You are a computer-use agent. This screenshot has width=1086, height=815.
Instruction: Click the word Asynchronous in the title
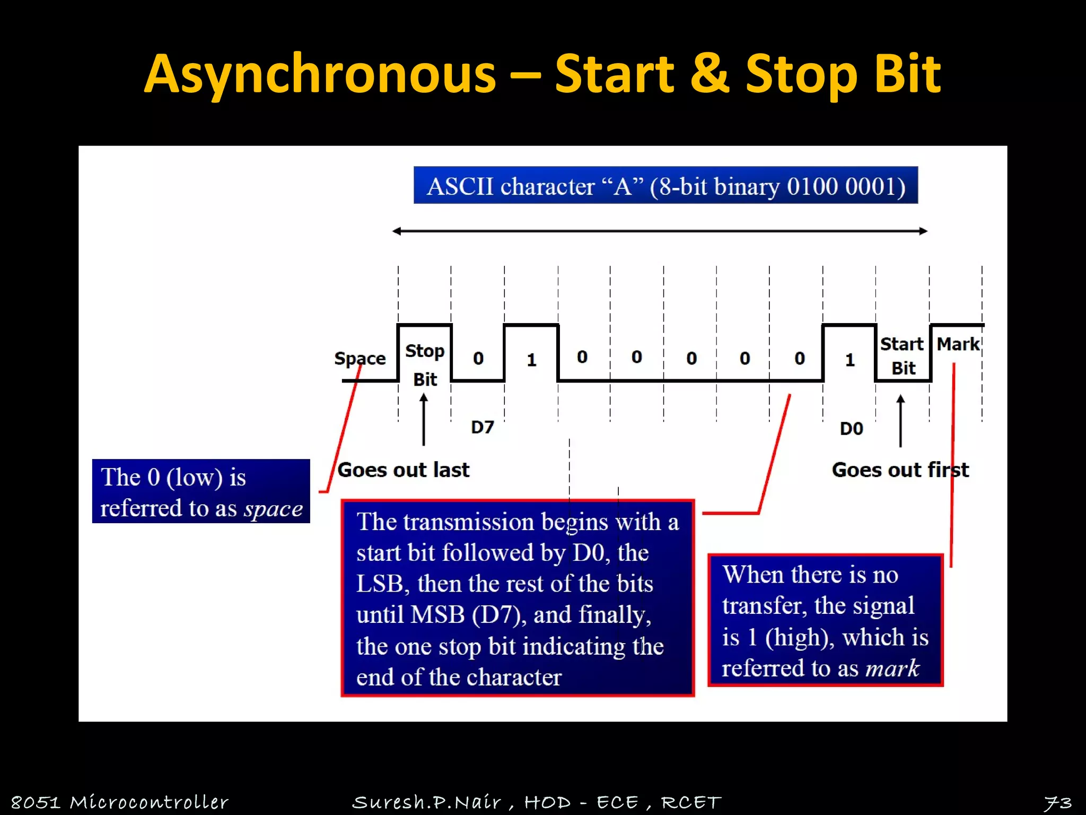pyautogui.click(x=320, y=74)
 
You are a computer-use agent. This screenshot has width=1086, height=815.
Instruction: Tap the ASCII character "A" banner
pyautogui.click(x=665, y=186)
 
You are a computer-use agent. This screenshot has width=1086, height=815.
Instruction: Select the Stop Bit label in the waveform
pyautogui.click(x=425, y=365)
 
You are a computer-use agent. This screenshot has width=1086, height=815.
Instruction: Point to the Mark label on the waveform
pyautogui.click(x=958, y=344)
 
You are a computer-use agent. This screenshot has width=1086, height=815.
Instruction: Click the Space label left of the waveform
pyautogui.click(x=360, y=359)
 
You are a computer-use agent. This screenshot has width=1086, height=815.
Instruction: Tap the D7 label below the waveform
pyautogui.click(x=482, y=427)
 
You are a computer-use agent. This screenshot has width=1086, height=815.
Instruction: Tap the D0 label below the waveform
pyautogui.click(x=851, y=428)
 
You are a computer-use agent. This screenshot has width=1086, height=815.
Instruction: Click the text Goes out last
pyautogui.click(x=403, y=470)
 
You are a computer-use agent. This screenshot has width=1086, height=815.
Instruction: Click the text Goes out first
pyautogui.click(x=900, y=470)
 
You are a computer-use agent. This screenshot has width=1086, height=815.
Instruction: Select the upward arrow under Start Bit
pyautogui.click(x=900, y=420)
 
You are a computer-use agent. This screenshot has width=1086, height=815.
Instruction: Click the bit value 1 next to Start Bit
pyautogui.click(x=849, y=360)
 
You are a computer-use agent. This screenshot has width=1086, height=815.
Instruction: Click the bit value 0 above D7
pyautogui.click(x=478, y=359)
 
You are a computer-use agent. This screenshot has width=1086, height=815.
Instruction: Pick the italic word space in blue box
pyautogui.click(x=273, y=508)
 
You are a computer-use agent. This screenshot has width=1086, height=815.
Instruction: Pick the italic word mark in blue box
pyautogui.click(x=892, y=667)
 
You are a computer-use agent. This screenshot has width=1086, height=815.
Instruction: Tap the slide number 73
pyautogui.click(x=1057, y=802)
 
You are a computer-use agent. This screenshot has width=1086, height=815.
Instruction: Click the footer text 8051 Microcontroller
pyautogui.click(x=119, y=802)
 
